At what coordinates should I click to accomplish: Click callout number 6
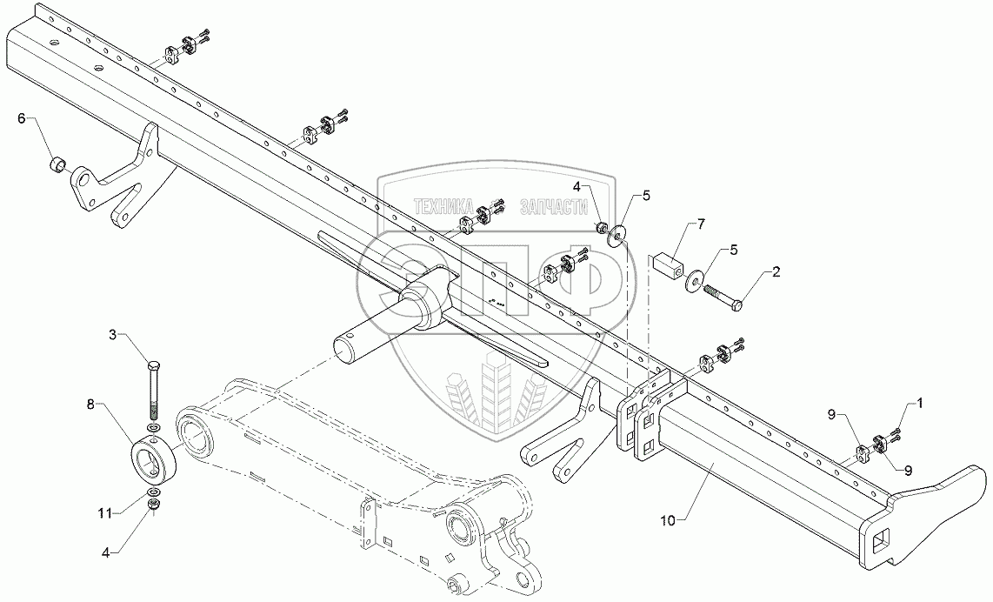(x=23, y=119)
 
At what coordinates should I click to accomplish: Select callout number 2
(x=776, y=272)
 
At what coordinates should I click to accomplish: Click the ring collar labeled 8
(x=153, y=458)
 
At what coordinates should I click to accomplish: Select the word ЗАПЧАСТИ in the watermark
(x=551, y=208)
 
